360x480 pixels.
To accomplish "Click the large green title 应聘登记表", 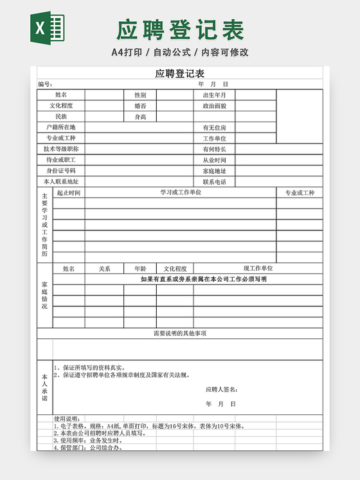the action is pyautogui.click(x=180, y=30).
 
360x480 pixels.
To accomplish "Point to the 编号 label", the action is pyautogui.click(x=44, y=84).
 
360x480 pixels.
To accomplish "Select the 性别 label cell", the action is pyautogui.click(x=139, y=95).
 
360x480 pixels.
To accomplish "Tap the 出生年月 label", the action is pyautogui.click(x=214, y=95).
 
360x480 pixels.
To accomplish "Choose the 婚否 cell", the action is pyautogui.click(x=139, y=106).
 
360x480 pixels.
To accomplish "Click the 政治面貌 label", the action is pyautogui.click(x=214, y=106).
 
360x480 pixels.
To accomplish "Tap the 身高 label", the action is pyautogui.click(x=139, y=117).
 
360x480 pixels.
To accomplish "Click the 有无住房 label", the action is pyautogui.click(x=214, y=127).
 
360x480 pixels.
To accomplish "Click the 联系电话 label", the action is pyautogui.click(x=214, y=182).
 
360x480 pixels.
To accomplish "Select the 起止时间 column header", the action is pyautogui.click(x=69, y=193).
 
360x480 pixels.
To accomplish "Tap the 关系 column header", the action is pyautogui.click(x=104, y=269).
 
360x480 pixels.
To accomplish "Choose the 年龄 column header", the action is pyautogui.click(x=139, y=269).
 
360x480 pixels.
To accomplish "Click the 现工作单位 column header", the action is pyautogui.click(x=258, y=269).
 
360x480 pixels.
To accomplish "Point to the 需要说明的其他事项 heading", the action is pyautogui.click(x=180, y=334).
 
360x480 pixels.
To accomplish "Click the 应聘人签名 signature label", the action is pyautogui.click(x=222, y=390).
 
